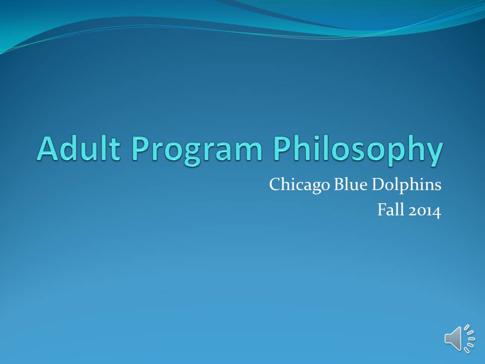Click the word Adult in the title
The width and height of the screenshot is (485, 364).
(79, 148)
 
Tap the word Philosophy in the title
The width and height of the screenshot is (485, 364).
(358, 151)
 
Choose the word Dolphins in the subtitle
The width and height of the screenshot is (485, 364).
(406, 185)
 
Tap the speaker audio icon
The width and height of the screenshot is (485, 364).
(460, 339)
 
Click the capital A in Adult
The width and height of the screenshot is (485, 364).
(49, 148)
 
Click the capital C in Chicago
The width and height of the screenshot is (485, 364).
(275, 185)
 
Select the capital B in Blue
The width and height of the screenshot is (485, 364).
(339, 185)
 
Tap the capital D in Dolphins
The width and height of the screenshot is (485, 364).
(378, 185)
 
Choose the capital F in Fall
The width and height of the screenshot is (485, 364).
(382, 210)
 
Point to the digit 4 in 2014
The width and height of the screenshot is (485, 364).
(435, 211)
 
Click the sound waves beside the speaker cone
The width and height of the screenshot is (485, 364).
(469, 339)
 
